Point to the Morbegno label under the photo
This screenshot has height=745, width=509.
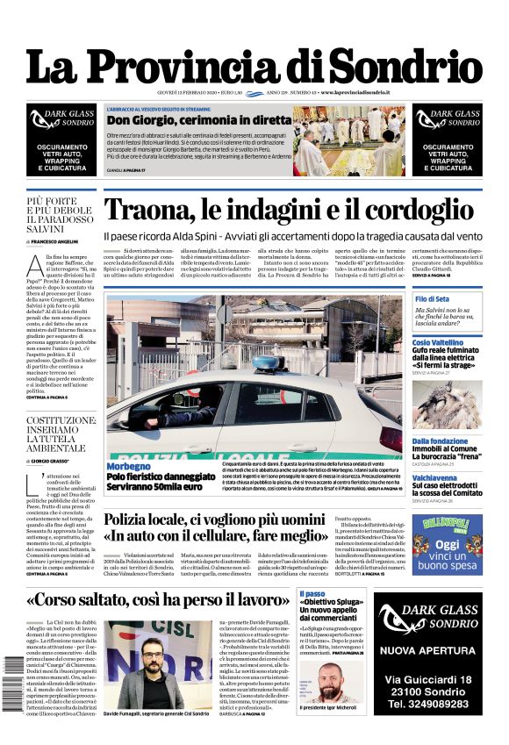(129, 466)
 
